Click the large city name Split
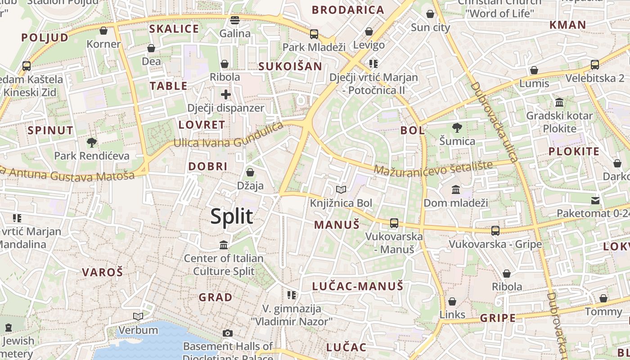232,216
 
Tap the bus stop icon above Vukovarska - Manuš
394,223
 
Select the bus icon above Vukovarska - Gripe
495,230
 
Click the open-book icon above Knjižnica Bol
341,190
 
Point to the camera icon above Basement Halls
228,333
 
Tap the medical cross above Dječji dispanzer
226,94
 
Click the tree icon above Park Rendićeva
92,143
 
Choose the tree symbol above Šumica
457,127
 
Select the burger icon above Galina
235,20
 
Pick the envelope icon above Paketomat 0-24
595,200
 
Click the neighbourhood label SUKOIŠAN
290,67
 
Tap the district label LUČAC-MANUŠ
358,286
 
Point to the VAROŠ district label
103,272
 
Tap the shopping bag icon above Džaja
250,172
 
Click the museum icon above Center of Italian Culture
224,245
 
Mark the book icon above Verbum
138,317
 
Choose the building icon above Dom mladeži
456,189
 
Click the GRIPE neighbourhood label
498,318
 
